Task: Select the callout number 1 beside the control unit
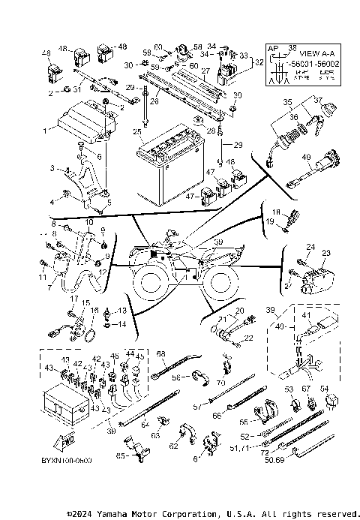pyautogui.click(x=44, y=130)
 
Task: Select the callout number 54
pyautogui.click(x=324, y=388)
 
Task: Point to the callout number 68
pyautogui.click(x=160, y=353)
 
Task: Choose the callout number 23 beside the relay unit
pyautogui.click(x=325, y=254)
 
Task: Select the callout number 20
pyautogui.click(x=239, y=310)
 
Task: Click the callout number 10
pyautogui.click(x=88, y=223)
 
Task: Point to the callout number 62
pyautogui.click(x=173, y=446)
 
